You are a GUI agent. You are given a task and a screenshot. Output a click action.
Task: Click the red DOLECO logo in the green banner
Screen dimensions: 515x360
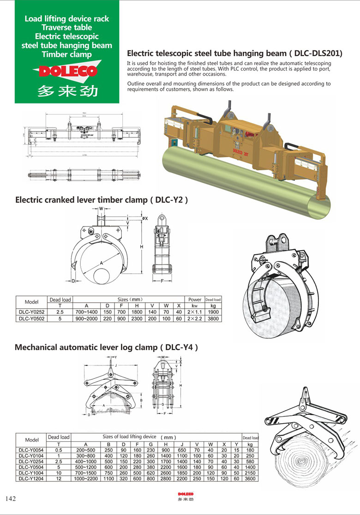coord(65,72)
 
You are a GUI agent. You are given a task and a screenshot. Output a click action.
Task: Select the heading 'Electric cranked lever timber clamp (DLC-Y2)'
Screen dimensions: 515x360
coord(102,200)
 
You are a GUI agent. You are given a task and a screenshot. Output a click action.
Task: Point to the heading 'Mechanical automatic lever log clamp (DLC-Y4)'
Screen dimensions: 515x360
coord(107,347)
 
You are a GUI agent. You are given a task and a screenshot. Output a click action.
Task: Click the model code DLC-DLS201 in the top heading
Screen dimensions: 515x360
coord(317,53)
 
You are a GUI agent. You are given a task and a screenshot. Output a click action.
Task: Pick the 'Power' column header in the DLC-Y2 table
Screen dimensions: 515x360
coord(195,299)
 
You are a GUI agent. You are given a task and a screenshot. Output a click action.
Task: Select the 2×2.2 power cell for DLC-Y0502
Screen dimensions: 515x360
coord(195,318)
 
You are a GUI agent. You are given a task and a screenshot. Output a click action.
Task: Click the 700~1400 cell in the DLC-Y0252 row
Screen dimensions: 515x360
coord(86,312)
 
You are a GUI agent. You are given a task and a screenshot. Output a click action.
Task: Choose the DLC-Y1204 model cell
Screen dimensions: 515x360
coord(31,479)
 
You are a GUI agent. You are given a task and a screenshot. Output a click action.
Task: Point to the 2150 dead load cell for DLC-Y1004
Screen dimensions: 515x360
coord(250,473)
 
